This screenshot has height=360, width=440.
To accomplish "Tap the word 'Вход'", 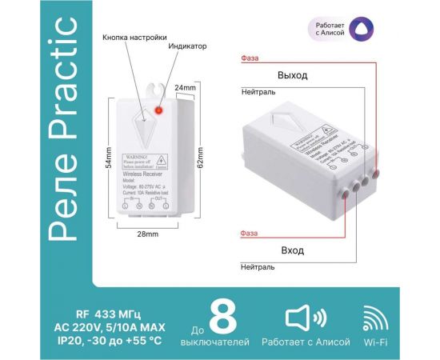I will (x=292, y=250).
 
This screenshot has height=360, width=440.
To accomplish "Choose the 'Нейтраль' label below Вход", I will (x=258, y=269).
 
